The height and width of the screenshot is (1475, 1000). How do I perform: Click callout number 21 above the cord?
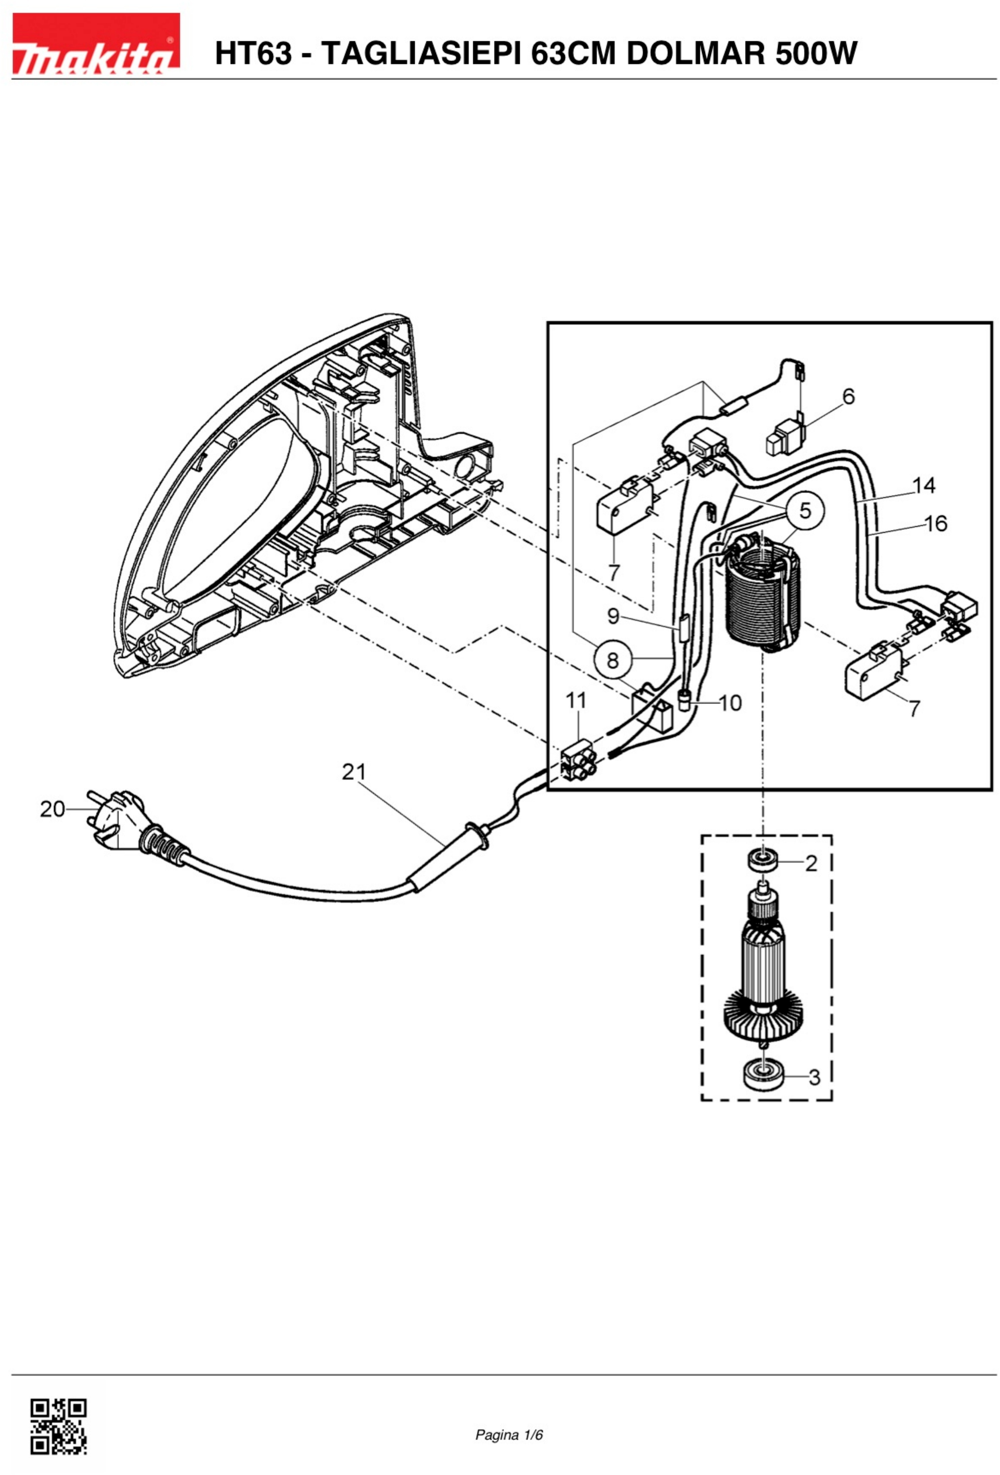pos(354,772)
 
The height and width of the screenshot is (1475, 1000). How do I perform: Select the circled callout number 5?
pos(804,510)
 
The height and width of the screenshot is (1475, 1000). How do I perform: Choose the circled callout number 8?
pos(612,660)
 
